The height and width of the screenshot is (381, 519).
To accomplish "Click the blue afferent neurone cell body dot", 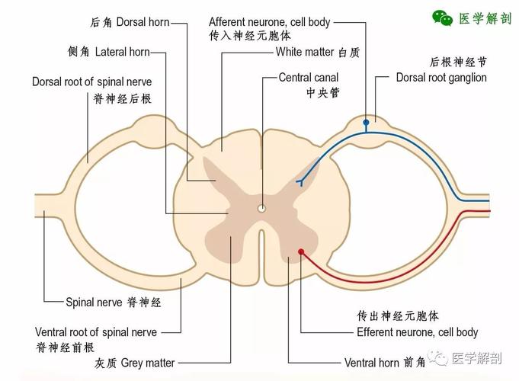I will point(366,122).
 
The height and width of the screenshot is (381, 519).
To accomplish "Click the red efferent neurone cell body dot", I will point(301,251).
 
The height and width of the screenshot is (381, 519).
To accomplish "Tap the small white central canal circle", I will point(261,207).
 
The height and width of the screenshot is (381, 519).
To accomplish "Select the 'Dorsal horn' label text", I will point(143,22).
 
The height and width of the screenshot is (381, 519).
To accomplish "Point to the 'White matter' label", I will point(306,52).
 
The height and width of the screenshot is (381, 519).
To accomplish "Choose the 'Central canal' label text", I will point(308,77).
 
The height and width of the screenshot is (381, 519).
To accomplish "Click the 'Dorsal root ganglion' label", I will point(441,77).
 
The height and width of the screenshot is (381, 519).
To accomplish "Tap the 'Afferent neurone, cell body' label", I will point(269,22).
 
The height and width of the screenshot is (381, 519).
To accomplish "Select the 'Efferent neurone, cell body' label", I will point(417,332).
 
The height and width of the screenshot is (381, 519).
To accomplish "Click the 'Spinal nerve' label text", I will point(95,302).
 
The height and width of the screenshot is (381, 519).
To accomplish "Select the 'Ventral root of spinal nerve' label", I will point(96,332).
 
